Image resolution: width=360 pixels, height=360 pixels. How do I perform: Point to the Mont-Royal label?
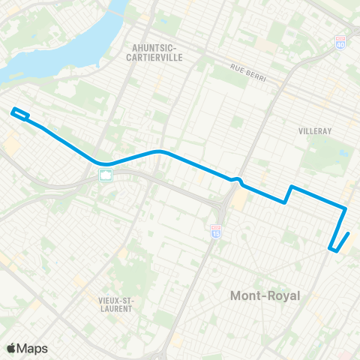coord(264,295)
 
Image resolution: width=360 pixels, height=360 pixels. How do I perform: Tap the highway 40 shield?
coord(340,43)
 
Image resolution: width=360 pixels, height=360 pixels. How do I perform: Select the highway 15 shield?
coord(216,233)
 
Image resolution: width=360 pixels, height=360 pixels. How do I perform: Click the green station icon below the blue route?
coord(106,175)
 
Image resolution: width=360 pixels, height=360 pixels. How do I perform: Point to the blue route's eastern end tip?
coord(349,233)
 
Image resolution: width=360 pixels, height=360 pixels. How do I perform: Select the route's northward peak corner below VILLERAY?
coord(291,186)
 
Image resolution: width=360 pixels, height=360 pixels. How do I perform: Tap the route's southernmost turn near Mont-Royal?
coord(331,247)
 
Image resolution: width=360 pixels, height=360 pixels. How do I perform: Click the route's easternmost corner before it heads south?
coord(345,208)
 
